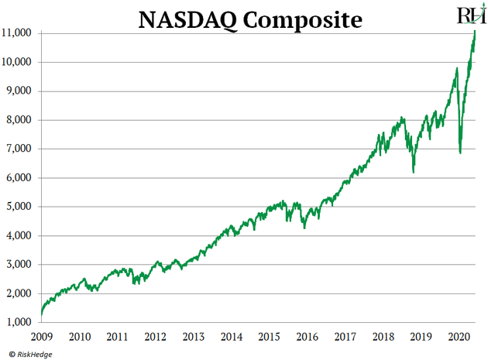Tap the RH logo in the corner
point(471,15)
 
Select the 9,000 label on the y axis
point(19,91)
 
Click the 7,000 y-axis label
point(19,149)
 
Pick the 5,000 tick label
point(19,207)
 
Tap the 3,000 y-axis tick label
point(19,265)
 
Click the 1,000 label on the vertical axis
point(19,322)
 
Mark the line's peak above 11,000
point(474,31)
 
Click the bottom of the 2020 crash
point(460,153)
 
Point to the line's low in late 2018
point(414,171)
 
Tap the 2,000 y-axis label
point(19,293)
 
